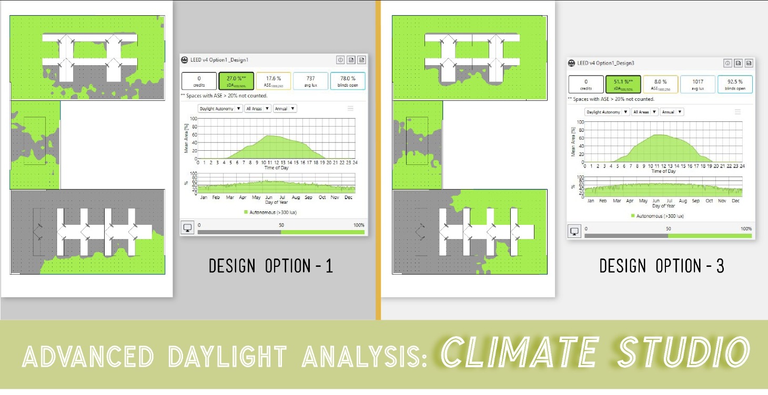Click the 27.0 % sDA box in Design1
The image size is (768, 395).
click(236, 80)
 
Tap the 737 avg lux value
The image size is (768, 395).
click(310, 80)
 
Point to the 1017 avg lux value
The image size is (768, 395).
click(698, 84)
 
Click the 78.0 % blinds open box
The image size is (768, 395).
click(348, 80)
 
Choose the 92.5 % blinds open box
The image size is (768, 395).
click(735, 84)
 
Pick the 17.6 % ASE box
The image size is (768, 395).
click(273, 80)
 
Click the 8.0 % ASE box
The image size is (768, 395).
click(660, 84)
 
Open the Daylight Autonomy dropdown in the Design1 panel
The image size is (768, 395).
click(220, 109)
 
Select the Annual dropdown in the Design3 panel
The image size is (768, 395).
click(672, 112)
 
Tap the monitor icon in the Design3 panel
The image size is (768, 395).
click(574, 231)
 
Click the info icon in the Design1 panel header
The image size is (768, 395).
click(340, 60)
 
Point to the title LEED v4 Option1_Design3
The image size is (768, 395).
click(605, 63)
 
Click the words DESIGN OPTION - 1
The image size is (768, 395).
click(271, 266)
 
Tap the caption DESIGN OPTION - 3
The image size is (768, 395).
click(662, 266)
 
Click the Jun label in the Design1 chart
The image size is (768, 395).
click(270, 197)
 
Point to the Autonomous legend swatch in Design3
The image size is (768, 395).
click(633, 216)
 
